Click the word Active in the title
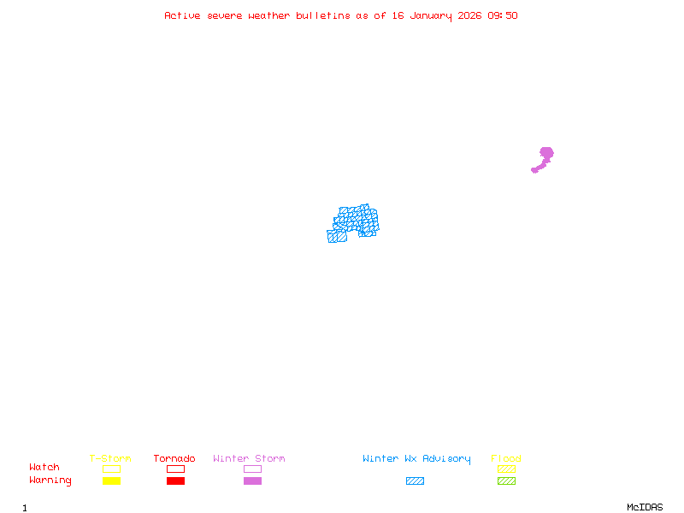tap(183, 15)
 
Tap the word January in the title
tap(433, 15)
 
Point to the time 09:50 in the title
tap(503, 15)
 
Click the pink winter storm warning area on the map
tap(545, 154)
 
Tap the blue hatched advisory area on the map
tap(354, 221)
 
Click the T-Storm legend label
tap(110, 458)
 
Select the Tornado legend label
tap(174, 458)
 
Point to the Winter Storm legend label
tap(249, 458)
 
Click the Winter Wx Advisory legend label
tap(416, 458)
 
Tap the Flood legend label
tap(506, 458)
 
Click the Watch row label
tap(44, 468)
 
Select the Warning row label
tap(50, 481)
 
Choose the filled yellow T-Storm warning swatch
tap(111, 481)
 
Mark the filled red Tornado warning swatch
tap(175, 481)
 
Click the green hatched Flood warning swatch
tap(506, 481)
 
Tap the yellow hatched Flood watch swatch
tap(506, 469)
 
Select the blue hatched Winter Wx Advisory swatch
tap(415, 481)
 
